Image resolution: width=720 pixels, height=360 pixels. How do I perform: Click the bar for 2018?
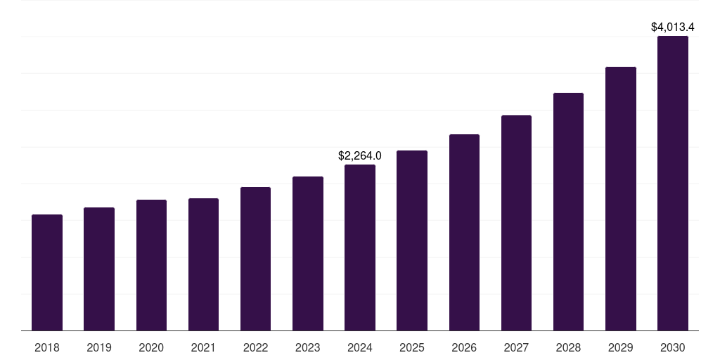(47, 273)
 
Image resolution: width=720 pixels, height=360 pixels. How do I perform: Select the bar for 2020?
(151, 265)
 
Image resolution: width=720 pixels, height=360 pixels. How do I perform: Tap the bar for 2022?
(255, 259)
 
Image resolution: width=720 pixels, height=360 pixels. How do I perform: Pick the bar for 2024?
(360, 247)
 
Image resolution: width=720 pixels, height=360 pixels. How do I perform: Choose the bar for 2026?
(464, 233)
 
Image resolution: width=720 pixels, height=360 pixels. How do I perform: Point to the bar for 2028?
(568, 212)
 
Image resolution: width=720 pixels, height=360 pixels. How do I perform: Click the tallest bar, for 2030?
(673, 184)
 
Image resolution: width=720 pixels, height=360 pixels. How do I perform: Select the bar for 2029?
(620, 199)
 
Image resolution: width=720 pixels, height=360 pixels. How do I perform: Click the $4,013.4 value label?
(673, 27)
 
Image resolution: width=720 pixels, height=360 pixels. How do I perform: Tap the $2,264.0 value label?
(360, 155)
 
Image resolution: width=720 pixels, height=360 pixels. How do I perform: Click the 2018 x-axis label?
(47, 347)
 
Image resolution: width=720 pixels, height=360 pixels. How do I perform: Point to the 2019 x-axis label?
(99, 347)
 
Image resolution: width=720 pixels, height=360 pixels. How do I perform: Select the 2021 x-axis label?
(203, 347)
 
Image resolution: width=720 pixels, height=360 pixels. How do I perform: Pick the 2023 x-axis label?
(308, 347)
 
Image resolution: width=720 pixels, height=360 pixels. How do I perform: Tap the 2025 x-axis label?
(412, 347)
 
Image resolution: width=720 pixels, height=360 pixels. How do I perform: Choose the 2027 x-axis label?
(516, 347)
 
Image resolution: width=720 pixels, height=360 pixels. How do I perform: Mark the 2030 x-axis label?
(673, 347)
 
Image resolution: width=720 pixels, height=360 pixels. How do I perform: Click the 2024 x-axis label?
(360, 347)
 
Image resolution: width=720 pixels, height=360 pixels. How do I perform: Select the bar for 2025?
(412, 240)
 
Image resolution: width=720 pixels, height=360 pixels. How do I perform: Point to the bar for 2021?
(203, 264)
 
